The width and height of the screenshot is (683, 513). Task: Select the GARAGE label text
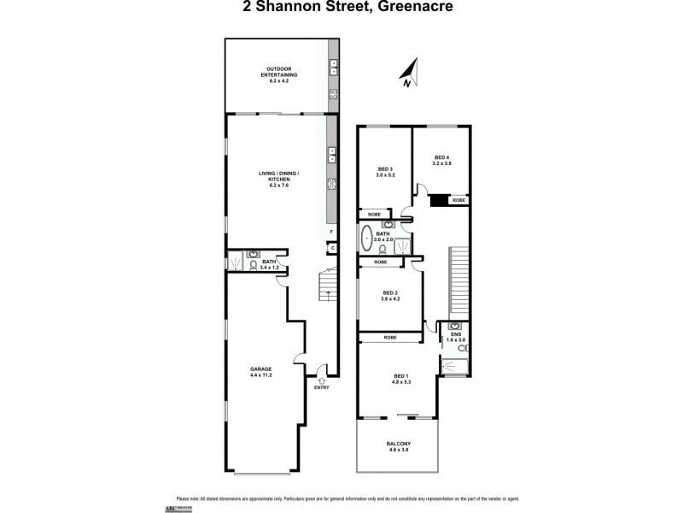pyautogui.click(x=261, y=369)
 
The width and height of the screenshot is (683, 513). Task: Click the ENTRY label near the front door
pyautogui.click(x=321, y=387)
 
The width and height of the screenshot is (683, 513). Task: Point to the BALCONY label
pyautogui.click(x=399, y=443)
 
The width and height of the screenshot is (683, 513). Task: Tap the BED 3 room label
pyautogui.click(x=385, y=169)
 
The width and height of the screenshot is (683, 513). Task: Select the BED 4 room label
pyautogui.click(x=441, y=158)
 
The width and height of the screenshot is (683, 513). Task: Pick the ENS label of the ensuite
pyautogui.click(x=455, y=334)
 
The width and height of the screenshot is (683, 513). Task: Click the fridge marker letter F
pyautogui.click(x=331, y=232)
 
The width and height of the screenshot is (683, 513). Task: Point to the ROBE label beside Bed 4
pyautogui.click(x=459, y=200)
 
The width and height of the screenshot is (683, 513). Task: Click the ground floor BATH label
pyautogui.click(x=268, y=262)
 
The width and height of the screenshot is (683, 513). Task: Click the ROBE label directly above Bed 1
pyautogui.click(x=390, y=338)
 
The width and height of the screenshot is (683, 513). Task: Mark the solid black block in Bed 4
pyautogui.click(x=438, y=200)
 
